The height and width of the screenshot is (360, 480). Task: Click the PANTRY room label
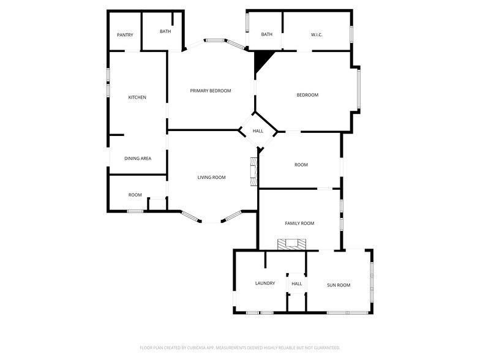pos(125,35)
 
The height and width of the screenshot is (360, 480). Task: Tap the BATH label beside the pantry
pos(165,31)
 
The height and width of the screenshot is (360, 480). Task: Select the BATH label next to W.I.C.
pos(267,34)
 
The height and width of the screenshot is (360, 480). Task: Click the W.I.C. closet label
pos(317,34)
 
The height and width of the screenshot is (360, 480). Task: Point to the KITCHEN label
pos(137,97)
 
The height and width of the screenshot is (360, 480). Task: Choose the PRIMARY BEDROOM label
pos(211,91)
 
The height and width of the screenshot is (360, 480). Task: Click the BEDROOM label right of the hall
pos(307,95)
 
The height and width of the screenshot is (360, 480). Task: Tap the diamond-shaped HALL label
pos(258,131)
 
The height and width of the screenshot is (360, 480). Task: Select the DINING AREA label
pos(138,159)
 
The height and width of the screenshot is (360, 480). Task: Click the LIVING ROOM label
pos(211,178)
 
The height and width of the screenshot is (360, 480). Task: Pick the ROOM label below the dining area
pos(135,195)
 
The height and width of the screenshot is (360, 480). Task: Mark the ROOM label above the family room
pos(301,165)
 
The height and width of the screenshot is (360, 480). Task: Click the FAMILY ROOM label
pos(299,223)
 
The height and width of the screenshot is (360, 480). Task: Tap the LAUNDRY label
pos(265,283)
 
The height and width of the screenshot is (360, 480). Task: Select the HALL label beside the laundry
pos(297,284)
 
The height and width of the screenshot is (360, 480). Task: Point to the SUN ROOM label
pos(339,285)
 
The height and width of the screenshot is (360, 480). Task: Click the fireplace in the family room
pos(291,244)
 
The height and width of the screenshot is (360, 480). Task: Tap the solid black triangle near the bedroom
pos(262,59)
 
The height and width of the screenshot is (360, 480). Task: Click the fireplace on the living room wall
pos(253,172)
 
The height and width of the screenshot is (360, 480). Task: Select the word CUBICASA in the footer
pos(196,347)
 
